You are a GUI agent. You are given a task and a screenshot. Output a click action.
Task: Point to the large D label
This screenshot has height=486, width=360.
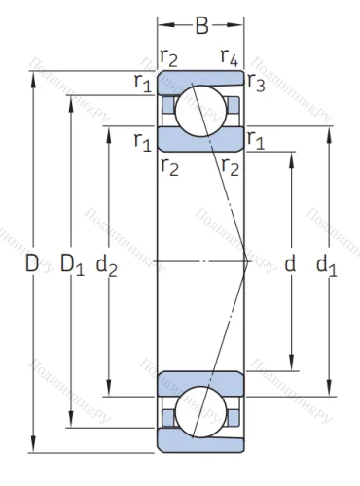[32, 262]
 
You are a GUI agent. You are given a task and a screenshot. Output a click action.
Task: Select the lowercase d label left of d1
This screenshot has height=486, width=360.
[289, 262]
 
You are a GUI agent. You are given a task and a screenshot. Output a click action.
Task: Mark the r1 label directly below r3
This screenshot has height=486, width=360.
[257, 140]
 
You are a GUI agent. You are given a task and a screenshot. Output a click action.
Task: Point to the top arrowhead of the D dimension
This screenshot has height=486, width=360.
[36, 76]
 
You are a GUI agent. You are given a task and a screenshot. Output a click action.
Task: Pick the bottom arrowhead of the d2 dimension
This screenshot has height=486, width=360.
[109, 393]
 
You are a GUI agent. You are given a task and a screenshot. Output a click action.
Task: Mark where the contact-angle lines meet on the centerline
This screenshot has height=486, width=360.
[243, 262]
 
